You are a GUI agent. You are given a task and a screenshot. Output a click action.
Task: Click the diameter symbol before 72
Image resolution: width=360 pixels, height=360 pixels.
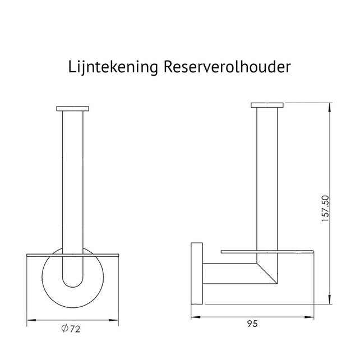66,329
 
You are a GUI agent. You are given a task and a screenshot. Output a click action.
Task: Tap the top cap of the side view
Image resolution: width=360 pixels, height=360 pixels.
267,105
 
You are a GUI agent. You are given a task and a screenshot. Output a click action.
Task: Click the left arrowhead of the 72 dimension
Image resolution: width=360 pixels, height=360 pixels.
30,320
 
